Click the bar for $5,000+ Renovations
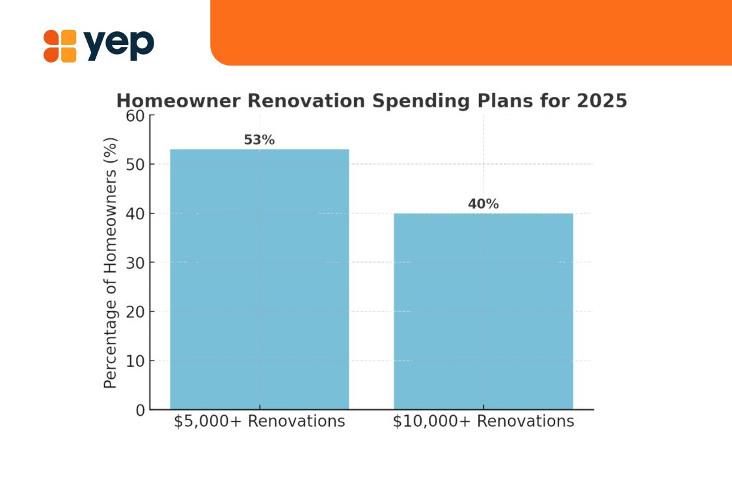point(259,279)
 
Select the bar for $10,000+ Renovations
point(483,312)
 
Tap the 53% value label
point(259,140)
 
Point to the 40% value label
point(483,204)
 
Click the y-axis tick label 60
point(135,116)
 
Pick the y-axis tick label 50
point(135,165)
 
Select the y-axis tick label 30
point(135,263)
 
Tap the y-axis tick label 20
point(135,312)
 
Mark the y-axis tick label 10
point(135,361)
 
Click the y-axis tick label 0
point(141,411)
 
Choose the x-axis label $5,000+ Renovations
point(259,421)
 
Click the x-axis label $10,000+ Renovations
point(483,421)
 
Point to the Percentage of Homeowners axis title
point(110,263)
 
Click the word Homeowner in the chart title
point(178,101)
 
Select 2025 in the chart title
point(602,101)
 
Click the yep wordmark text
point(118,46)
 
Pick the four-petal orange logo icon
point(60,46)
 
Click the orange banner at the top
point(471,33)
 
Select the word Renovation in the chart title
point(306,101)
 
